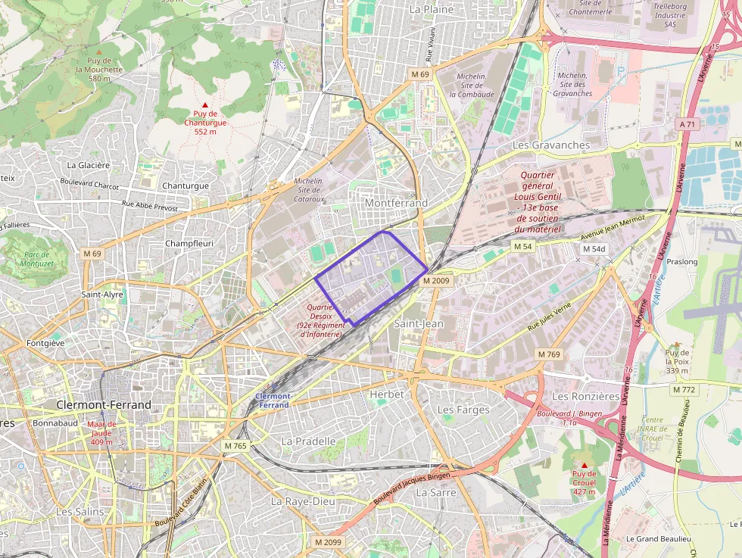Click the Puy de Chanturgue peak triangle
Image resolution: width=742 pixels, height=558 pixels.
click(x=204, y=104)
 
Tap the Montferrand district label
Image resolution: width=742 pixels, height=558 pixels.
click(x=396, y=203)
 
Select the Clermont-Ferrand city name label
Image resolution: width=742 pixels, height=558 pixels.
click(x=104, y=405)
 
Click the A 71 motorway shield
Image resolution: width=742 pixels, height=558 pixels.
click(x=687, y=123)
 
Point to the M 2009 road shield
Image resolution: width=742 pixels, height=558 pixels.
click(x=436, y=280)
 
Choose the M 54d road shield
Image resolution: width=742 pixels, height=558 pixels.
click(x=594, y=249)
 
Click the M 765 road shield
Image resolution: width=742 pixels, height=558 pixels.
click(x=235, y=446)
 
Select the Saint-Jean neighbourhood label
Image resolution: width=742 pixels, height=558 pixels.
click(x=419, y=323)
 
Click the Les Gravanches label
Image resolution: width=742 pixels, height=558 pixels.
click(x=551, y=145)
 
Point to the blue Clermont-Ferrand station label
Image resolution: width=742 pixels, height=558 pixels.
click(x=273, y=401)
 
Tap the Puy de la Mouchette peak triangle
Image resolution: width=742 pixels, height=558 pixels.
click(x=98, y=51)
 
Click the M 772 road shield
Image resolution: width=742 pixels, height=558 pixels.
click(x=684, y=389)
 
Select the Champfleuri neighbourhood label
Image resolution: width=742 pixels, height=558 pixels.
click(x=189, y=244)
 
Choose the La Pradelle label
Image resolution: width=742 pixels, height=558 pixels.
click(x=308, y=441)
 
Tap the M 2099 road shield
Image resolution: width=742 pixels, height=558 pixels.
click(x=328, y=543)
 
